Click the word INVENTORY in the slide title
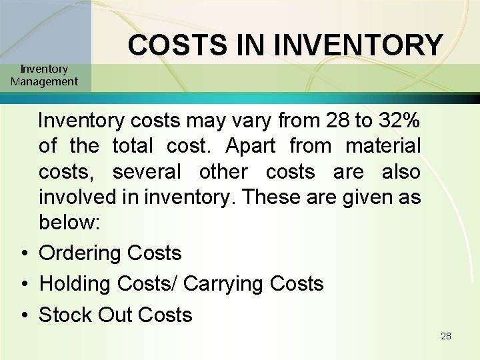click(358, 45)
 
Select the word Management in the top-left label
click(44, 82)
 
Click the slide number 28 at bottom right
click(446, 336)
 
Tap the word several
click(147, 171)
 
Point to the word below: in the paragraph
click(69, 222)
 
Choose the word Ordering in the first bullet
click(80, 253)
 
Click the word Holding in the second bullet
click(75, 284)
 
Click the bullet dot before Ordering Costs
click(23, 254)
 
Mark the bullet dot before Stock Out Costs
click(23, 315)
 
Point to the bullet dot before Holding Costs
click(23, 285)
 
